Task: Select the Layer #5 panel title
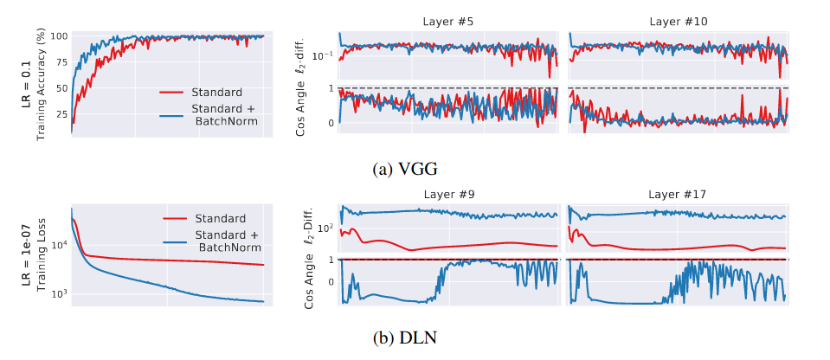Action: tap(447, 21)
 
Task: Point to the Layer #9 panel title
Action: tap(447, 196)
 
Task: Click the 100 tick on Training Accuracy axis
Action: tap(59, 36)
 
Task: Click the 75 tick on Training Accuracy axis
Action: tap(61, 61)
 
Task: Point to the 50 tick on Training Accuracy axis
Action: tap(61, 87)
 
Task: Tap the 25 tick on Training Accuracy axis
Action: tap(61, 113)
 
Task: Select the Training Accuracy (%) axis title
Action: tap(38, 83)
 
